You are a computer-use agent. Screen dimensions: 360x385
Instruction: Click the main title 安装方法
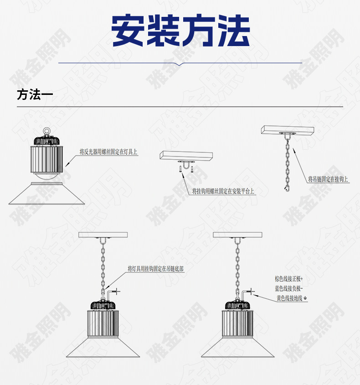(x=180, y=31)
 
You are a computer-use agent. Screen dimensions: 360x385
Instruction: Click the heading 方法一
(x=35, y=95)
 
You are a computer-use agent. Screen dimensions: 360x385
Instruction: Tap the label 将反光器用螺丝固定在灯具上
(x=108, y=152)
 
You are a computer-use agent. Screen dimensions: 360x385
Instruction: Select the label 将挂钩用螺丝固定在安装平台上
(x=223, y=191)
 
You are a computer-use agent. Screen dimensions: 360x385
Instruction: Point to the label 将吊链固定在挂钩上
(x=328, y=179)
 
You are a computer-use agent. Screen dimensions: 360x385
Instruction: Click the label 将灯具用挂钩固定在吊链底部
(x=155, y=269)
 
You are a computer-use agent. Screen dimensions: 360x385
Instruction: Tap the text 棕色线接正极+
(x=288, y=279)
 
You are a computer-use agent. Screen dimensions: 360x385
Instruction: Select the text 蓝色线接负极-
(x=288, y=288)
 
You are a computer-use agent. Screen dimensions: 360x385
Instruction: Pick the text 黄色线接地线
(x=289, y=298)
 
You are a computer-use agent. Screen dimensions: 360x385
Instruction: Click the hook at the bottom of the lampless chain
(x=287, y=189)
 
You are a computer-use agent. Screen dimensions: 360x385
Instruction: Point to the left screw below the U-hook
(x=180, y=169)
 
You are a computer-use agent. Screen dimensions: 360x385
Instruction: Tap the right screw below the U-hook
(x=192, y=169)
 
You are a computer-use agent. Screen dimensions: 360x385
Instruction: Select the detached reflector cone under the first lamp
(x=46, y=193)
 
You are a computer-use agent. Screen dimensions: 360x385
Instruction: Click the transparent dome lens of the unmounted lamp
(x=46, y=176)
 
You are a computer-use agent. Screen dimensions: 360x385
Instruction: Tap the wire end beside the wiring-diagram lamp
(x=252, y=291)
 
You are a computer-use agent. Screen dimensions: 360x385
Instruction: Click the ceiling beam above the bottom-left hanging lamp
(x=103, y=235)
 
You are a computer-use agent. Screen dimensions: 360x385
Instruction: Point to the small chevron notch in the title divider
(x=180, y=64)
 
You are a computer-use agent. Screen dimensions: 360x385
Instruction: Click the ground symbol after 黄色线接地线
(x=305, y=298)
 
